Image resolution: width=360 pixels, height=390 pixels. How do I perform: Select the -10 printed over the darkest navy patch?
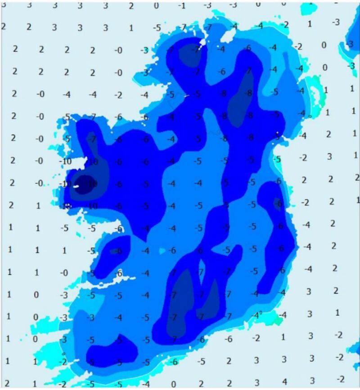[92, 183]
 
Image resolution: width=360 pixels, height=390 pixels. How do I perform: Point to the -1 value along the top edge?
[182, 5]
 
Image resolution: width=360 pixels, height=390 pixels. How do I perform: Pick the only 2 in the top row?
[131, 5]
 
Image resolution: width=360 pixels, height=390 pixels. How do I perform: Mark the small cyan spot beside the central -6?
[162, 251]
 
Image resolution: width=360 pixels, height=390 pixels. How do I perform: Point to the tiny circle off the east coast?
[310, 117]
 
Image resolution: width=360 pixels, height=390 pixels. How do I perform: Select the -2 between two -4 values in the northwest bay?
[118, 95]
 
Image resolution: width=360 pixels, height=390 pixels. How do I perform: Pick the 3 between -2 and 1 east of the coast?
[330, 156]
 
